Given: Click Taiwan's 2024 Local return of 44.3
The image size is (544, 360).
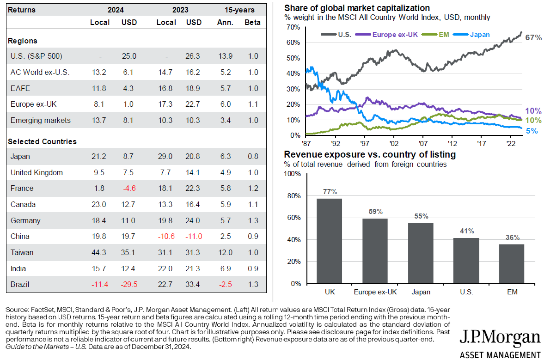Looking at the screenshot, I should point(99,252).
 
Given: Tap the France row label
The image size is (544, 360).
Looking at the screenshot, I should point(22,188).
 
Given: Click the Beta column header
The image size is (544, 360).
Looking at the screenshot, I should point(252,22).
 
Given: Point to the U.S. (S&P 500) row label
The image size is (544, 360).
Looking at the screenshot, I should point(36,56).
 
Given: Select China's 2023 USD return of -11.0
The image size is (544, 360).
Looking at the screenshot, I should point(194,236).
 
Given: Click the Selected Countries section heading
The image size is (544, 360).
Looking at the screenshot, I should point(43,141).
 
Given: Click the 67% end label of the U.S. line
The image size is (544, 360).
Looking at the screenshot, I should point(533,38).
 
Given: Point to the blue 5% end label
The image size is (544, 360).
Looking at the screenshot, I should point(532,131).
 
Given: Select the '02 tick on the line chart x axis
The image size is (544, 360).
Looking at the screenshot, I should point(394,144).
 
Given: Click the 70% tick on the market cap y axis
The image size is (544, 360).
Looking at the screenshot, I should point(293,27).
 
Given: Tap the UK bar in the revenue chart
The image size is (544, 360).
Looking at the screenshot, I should point(329,240).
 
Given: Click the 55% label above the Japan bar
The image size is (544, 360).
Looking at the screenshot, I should point(421,216).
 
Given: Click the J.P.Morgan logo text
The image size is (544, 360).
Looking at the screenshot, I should point(500,336).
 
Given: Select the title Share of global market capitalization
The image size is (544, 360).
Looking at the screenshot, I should point(357,8).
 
